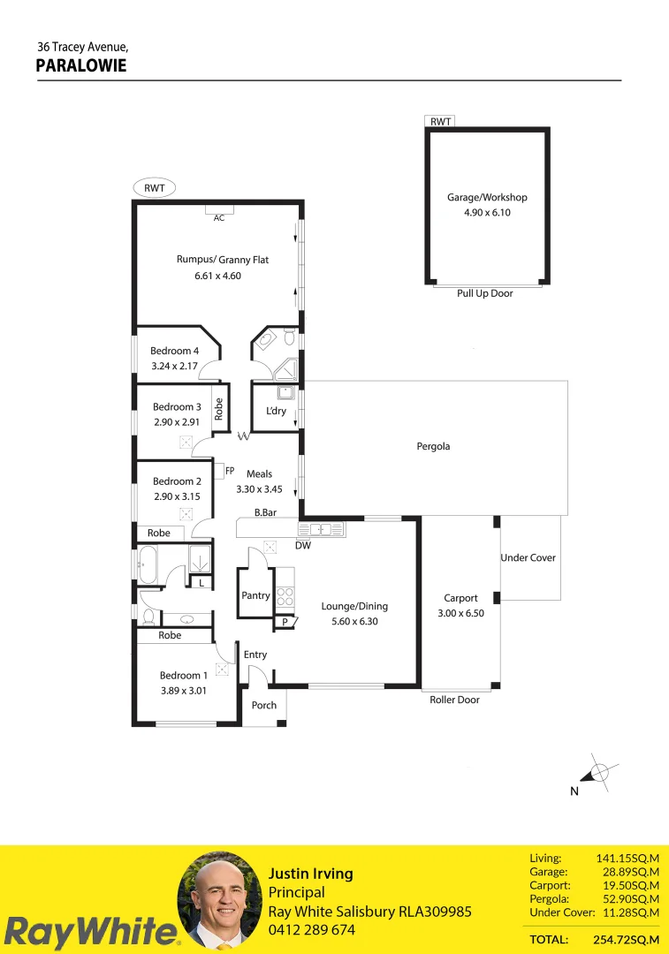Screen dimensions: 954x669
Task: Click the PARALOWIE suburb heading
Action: pyautogui.click(x=81, y=65)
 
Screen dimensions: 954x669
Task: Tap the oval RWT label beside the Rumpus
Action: pyautogui.click(x=155, y=188)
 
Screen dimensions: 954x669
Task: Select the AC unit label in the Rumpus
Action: pyautogui.click(x=219, y=217)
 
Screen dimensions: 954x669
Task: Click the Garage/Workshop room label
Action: pyautogui.click(x=487, y=198)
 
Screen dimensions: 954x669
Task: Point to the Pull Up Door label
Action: pyautogui.click(x=485, y=293)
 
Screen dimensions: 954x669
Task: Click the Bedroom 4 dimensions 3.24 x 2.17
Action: pyautogui.click(x=175, y=366)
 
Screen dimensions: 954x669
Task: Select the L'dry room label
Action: pyautogui.click(x=276, y=412)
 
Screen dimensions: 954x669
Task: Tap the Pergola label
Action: pyautogui.click(x=433, y=446)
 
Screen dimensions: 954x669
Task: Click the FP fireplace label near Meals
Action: pyautogui.click(x=230, y=471)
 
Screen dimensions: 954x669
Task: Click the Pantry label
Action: pyautogui.click(x=255, y=596)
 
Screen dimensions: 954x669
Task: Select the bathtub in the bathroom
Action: pyautogui.click(x=147, y=565)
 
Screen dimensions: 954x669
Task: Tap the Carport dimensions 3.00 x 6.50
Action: pyautogui.click(x=460, y=612)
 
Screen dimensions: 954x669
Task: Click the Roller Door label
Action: pyautogui.click(x=454, y=700)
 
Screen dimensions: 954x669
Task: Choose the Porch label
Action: pyautogui.click(x=264, y=705)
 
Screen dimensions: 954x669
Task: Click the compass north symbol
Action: pyautogui.click(x=598, y=773)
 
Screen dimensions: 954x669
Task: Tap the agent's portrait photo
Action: pyautogui.click(x=220, y=901)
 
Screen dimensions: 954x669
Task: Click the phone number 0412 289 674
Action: pyautogui.click(x=312, y=930)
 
